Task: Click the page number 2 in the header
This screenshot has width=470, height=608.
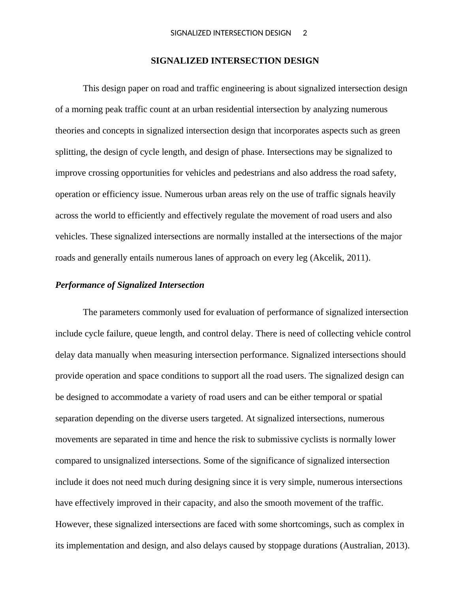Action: pos(305,33)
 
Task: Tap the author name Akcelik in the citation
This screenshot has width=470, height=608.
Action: pos(327,258)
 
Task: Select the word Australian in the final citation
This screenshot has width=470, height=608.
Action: pos(361,546)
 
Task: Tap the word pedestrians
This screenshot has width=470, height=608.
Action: pos(248,173)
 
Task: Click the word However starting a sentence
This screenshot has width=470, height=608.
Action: pos(73,524)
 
